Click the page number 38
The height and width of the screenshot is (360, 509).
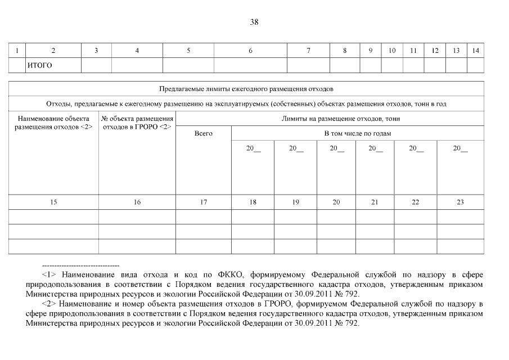pyautogui.click(x=254, y=22)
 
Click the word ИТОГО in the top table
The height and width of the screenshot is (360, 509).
pyautogui.click(x=39, y=66)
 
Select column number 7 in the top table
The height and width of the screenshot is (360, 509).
pyautogui.click(x=308, y=51)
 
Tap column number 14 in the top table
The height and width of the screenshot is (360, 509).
pyautogui.click(x=476, y=51)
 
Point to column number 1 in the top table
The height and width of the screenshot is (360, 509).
pyautogui.click(x=17, y=51)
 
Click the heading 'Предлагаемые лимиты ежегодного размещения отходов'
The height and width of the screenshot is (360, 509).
pyautogui.click(x=246, y=89)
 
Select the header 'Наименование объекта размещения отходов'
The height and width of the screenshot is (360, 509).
pyautogui.click(x=54, y=123)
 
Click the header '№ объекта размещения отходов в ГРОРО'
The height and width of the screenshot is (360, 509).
pyautogui.click(x=137, y=123)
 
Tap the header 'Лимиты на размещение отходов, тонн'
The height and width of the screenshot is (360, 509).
pyautogui.click(x=330, y=119)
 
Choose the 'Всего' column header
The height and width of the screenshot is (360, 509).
pyautogui.click(x=204, y=134)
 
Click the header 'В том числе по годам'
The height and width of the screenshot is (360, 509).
pyautogui.click(x=357, y=134)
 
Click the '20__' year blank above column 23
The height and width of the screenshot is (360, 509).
pyautogui.click(x=460, y=148)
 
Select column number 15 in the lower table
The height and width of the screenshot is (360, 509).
pyautogui.click(x=53, y=202)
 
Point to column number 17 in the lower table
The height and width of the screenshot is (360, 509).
pyautogui.click(x=204, y=202)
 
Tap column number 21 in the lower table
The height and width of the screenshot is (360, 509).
pyautogui.click(x=375, y=202)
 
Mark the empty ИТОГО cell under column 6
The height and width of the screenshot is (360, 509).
pyautogui.click(x=250, y=66)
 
